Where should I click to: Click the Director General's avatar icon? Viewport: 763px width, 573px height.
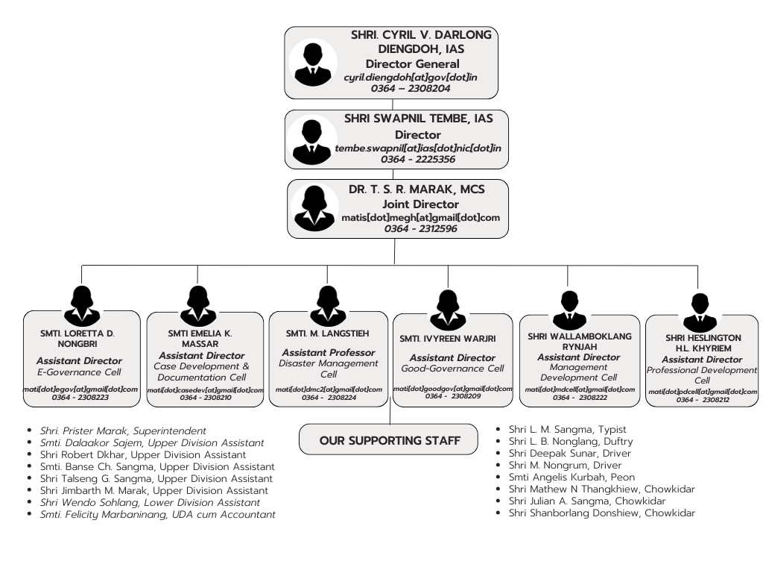point(313,63)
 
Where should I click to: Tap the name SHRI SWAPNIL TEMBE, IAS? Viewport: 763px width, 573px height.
point(418,118)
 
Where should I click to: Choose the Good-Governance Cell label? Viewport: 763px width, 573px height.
point(452,369)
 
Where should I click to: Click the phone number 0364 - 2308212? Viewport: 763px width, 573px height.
point(702,400)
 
